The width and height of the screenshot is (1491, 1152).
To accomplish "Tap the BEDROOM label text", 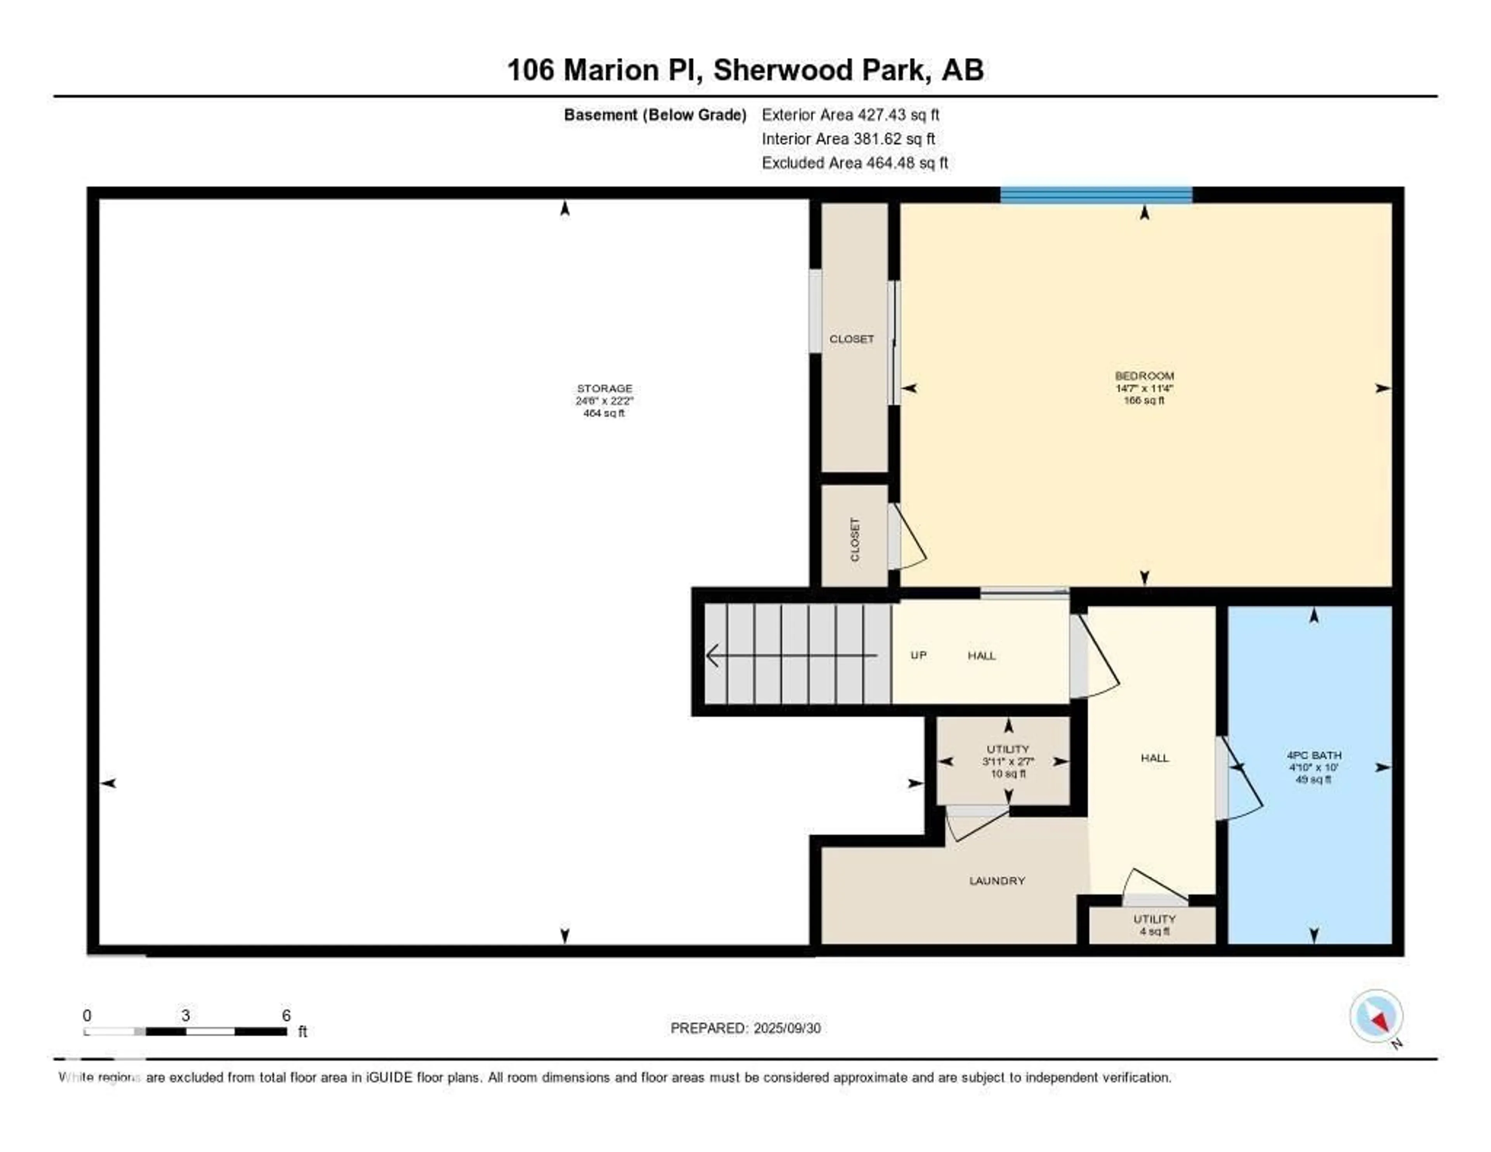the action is point(1144,376).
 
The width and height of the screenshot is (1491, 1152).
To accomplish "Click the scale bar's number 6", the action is point(286,1015).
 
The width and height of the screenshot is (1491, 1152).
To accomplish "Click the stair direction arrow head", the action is point(713,656).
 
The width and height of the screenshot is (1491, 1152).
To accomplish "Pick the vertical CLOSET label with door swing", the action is point(855,539).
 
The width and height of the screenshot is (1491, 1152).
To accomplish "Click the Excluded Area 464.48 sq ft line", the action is point(855,162).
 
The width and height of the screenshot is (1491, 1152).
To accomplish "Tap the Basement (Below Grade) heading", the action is point(655,115).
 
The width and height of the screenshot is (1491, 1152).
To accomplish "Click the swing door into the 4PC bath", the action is point(1238,778).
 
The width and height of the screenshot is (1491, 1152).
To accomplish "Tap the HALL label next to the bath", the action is point(1154,758).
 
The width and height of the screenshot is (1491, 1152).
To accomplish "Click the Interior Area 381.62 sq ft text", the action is point(848,139).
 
